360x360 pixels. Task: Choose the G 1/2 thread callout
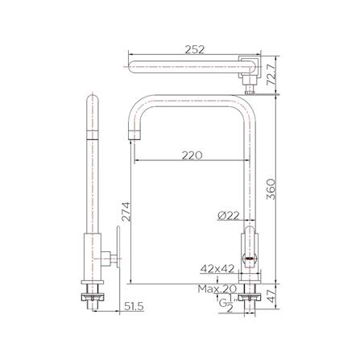click(224, 304)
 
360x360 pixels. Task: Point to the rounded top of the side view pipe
click(91, 101)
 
